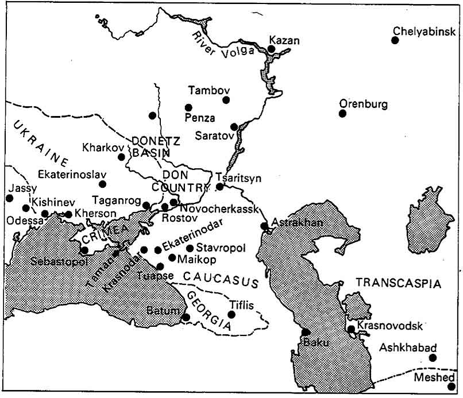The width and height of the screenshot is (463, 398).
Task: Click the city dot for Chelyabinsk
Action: (x=395, y=40)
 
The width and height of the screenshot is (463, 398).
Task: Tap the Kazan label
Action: (x=284, y=40)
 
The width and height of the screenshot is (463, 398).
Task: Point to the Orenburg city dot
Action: (x=342, y=113)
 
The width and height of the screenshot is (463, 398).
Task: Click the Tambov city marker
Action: (x=226, y=100)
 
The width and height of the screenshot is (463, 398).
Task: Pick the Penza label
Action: (x=200, y=118)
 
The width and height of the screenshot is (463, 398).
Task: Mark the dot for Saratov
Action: (x=234, y=126)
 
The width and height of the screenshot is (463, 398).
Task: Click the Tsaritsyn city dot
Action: (x=219, y=187)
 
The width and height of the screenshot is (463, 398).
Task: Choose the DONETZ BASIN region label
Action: (x=148, y=146)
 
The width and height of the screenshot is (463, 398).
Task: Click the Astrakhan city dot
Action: (x=264, y=226)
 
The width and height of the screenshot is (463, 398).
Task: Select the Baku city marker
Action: (x=306, y=332)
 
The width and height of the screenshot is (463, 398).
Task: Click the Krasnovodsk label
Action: (x=389, y=326)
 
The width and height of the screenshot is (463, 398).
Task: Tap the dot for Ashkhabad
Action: (x=433, y=358)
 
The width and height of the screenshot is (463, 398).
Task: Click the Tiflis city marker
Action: (x=232, y=314)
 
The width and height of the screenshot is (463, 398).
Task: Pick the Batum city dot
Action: (x=186, y=317)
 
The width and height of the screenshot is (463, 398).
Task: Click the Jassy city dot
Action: (x=9, y=198)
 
